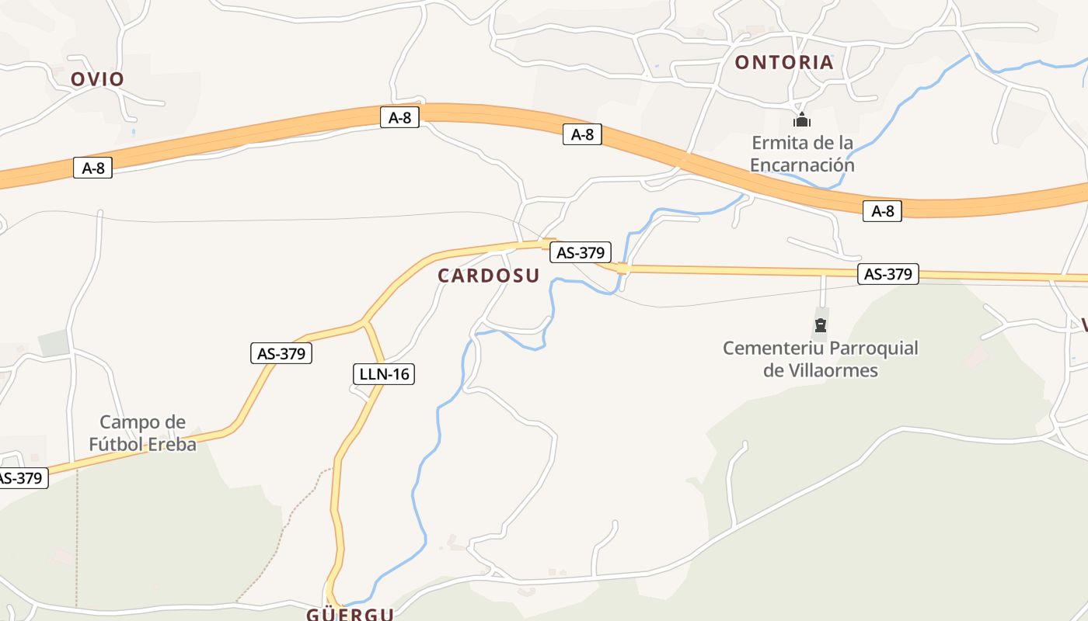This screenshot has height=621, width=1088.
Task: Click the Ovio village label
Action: [x=97, y=79]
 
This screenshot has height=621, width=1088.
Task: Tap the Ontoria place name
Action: [x=784, y=63]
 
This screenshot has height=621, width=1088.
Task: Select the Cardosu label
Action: [x=488, y=276]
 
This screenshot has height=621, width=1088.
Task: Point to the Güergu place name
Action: [x=350, y=614]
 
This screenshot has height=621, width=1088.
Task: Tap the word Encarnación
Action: [x=802, y=165]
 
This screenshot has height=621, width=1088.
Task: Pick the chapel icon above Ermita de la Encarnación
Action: [x=802, y=120]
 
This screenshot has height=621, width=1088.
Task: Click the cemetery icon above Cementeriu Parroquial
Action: [x=821, y=324]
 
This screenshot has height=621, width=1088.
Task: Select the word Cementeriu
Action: [x=772, y=348]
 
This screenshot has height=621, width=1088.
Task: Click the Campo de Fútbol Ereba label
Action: [x=142, y=433]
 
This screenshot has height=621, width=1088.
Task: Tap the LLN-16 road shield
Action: [x=383, y=374]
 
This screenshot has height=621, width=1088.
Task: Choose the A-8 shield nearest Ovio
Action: [x=92, y=167]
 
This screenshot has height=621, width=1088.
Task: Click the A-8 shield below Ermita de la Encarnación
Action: [x=882, y=210]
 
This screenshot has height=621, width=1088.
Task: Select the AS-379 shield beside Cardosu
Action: [x=581, y=252]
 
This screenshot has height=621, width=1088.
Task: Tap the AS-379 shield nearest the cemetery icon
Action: [x=888, y=274]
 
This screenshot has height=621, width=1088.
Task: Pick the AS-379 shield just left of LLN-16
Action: [x=281, y=353]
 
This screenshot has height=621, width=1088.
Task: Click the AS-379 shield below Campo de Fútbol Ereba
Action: [x=21, y=478]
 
